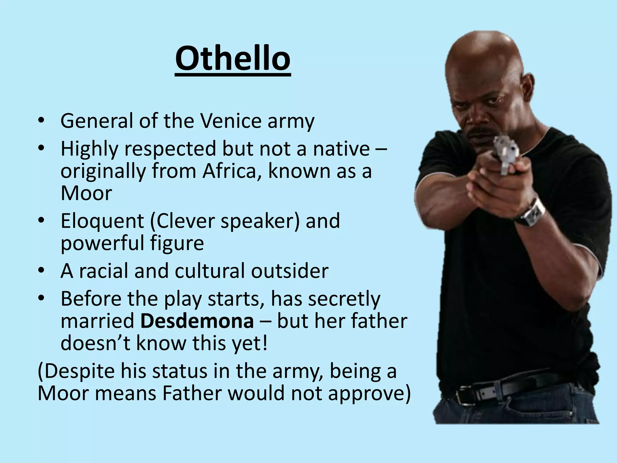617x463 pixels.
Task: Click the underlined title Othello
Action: coord(233,59)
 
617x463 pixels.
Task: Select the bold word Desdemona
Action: coord(197,321)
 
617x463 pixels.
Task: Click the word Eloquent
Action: coord(102,221)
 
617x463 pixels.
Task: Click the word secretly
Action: coord(344,299)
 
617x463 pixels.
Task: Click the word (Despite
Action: coord(76,371)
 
